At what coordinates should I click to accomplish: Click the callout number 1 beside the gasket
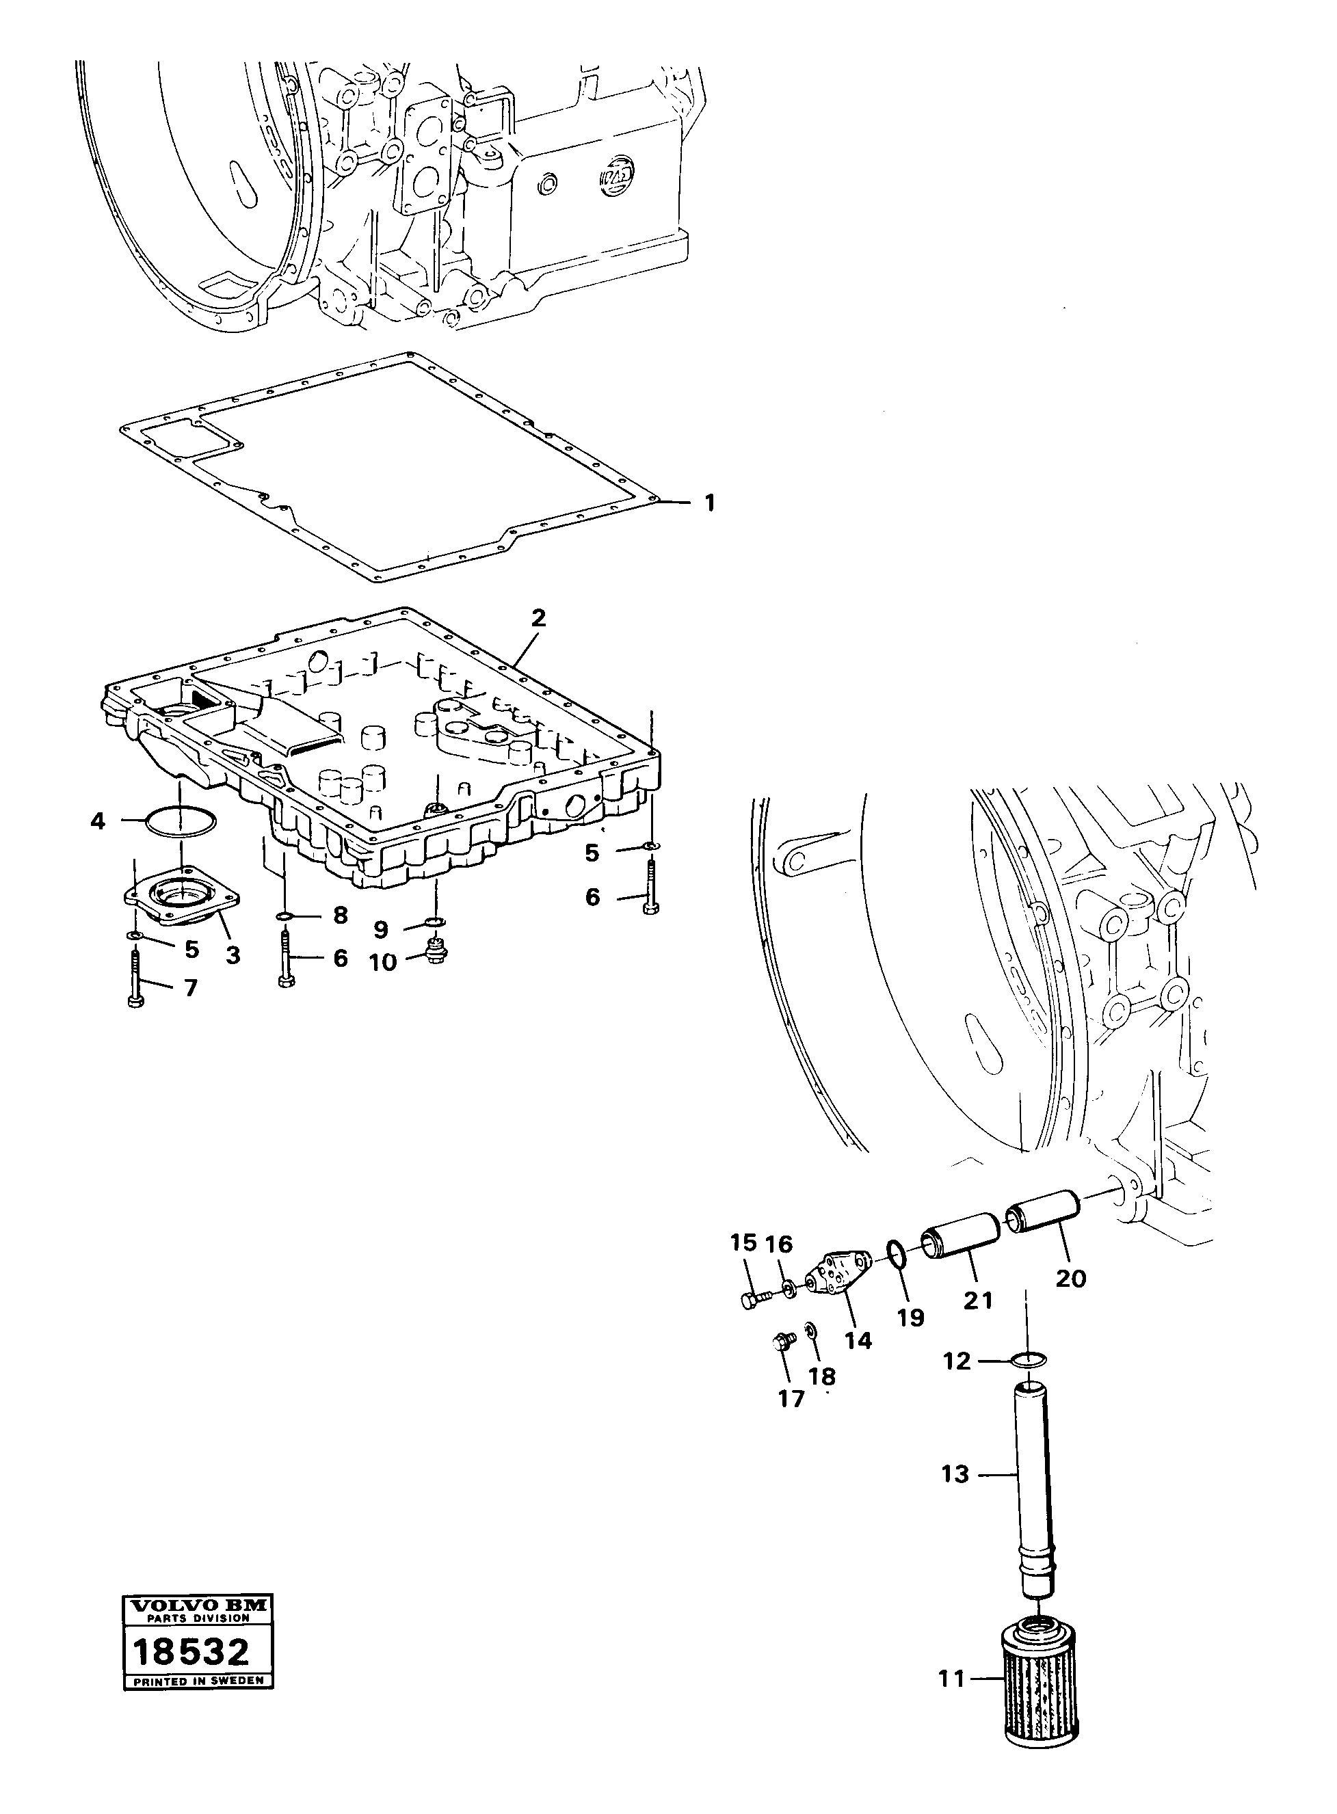click(710, 503)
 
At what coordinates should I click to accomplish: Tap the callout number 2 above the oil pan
click(538, 619)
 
